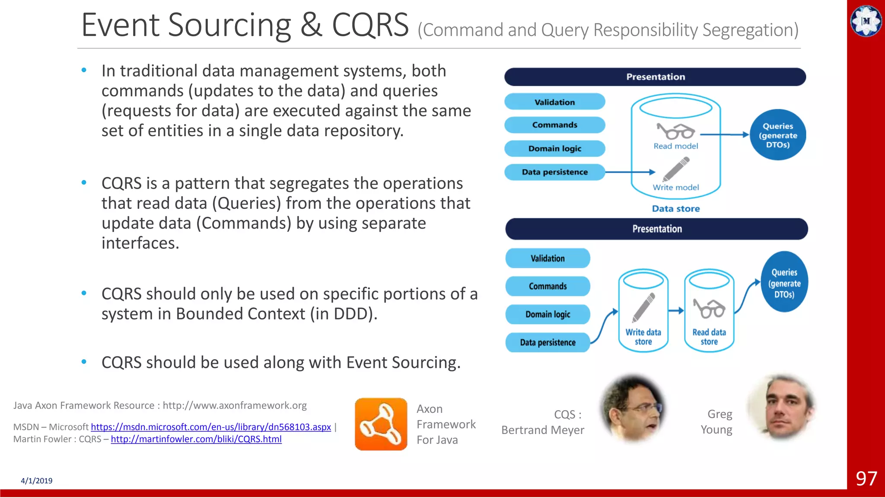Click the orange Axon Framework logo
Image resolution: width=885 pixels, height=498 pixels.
(381, 424)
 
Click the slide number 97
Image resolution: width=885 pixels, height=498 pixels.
(866, 479)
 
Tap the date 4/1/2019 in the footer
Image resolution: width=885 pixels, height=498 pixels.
(37, 481)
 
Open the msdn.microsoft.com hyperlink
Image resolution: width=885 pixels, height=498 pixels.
(211, 427)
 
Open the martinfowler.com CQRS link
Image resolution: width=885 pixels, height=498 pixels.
(196, 439)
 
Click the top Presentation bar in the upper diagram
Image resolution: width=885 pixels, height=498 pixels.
(655, 77)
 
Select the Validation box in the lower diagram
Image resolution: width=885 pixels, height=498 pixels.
(548, 259)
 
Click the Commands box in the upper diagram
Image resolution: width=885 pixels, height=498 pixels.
(554, 125)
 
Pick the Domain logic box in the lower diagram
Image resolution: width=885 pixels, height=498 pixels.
(548, 314)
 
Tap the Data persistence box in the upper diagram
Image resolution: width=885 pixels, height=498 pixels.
(554, 172)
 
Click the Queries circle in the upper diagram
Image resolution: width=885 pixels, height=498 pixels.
(778, 135)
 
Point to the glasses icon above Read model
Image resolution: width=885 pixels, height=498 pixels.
(675, 131)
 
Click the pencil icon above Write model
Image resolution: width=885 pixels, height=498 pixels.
(676, 169)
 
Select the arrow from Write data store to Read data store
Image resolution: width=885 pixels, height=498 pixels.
(676, 310)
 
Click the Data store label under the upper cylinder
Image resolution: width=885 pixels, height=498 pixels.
(676, 209)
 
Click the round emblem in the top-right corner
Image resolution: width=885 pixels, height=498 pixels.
(866, 21)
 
